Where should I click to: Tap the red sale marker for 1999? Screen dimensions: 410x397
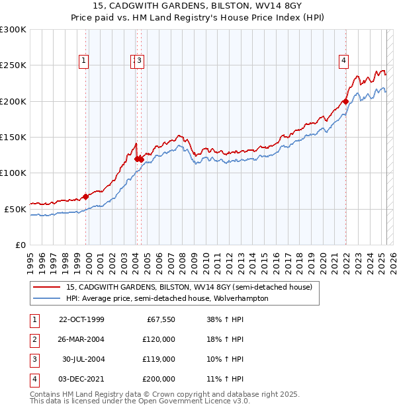pos(86,196)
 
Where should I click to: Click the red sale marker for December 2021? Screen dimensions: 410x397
pos(345,102)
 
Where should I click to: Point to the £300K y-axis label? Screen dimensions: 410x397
pos(13,30)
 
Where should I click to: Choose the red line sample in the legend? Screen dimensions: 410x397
pos(46,287)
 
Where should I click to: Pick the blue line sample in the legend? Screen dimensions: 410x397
pos(46,298)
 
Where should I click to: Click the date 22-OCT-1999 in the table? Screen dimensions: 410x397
pos(81,319)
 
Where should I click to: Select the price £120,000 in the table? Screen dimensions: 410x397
pos(159,339)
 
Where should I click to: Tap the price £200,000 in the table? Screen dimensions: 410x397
pos(159,379)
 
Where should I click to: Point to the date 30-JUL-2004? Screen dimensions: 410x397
pos(83,359)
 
